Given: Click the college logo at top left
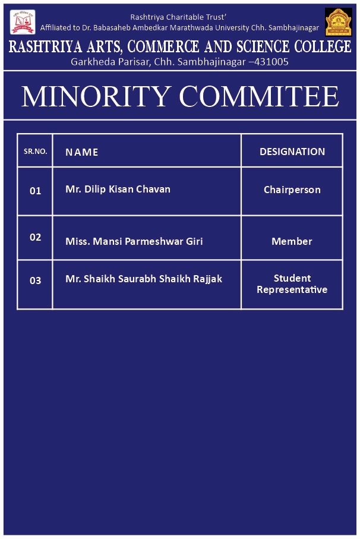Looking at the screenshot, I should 22,21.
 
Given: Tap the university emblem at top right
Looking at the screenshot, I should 338,22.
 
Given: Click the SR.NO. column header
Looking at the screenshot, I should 35,152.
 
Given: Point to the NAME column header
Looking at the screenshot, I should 82,152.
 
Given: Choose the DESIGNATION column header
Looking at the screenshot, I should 292,152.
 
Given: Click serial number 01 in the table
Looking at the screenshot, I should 36,191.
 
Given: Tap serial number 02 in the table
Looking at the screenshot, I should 36,237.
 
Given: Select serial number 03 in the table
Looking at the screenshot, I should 36,280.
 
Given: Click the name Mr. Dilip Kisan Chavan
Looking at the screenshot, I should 118,189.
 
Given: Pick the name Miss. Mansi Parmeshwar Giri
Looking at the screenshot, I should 134,241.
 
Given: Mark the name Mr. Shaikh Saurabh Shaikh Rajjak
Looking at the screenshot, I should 143,278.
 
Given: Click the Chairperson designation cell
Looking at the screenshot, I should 292,190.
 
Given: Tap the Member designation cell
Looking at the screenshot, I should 292,241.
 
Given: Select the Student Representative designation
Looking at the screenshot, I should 292,283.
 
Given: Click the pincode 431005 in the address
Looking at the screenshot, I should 271,61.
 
